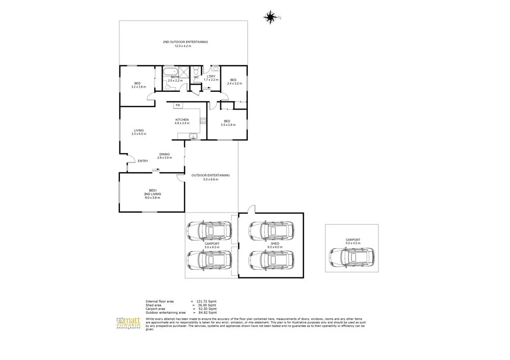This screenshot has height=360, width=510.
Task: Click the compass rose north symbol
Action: pos(270,18)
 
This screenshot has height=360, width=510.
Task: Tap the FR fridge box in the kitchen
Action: pos(178,105)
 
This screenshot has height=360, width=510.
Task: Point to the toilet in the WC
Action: pos(195,71)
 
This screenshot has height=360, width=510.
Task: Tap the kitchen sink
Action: pos(193,136)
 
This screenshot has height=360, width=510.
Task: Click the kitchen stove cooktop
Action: pos(202,121)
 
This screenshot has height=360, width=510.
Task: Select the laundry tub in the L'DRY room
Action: pos(215,69)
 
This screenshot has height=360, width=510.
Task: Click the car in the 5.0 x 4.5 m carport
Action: pos(351,257)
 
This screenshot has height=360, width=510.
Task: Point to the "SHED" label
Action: pos(275,244)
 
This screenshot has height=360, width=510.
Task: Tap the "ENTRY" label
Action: pos(143,161)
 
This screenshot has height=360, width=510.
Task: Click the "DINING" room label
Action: pos(164,154)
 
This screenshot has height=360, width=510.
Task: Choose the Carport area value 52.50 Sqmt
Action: pos(207,309)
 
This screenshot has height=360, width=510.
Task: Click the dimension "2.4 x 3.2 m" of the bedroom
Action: pos(233,83)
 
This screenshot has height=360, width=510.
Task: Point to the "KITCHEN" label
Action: pos(182,120)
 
